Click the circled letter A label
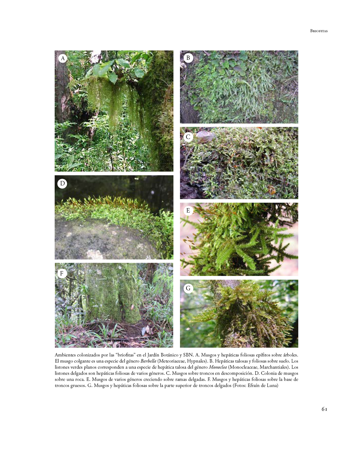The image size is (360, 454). coord(63,58)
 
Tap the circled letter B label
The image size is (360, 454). coord(188,58)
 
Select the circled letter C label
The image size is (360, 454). coord(188,137)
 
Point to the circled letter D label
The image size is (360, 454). coord(62,183)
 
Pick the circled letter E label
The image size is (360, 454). coord(188,210)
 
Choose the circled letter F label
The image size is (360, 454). coord(62,273)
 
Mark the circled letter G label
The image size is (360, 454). coord(188,288)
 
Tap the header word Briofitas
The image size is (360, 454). coord(319,31)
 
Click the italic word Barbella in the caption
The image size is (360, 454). coord(148,361)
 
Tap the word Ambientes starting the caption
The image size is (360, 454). coord(65,355)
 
